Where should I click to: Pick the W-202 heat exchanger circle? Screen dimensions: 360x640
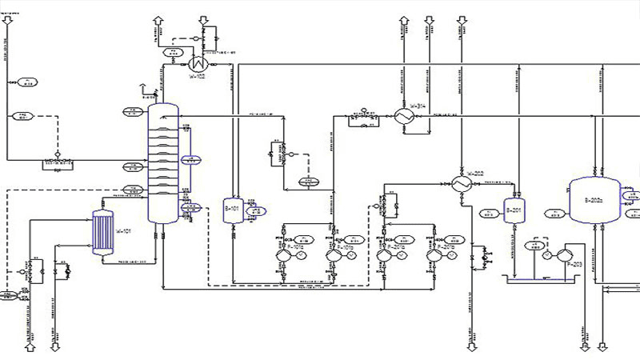461,183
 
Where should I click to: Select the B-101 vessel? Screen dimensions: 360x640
233,210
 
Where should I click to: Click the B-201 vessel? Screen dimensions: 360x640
513,212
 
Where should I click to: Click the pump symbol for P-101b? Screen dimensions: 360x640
334,254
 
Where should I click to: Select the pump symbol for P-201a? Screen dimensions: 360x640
383,254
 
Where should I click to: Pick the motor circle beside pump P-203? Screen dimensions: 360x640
548,257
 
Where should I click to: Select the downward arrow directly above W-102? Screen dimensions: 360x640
205,18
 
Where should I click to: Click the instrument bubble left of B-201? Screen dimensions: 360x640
486,213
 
